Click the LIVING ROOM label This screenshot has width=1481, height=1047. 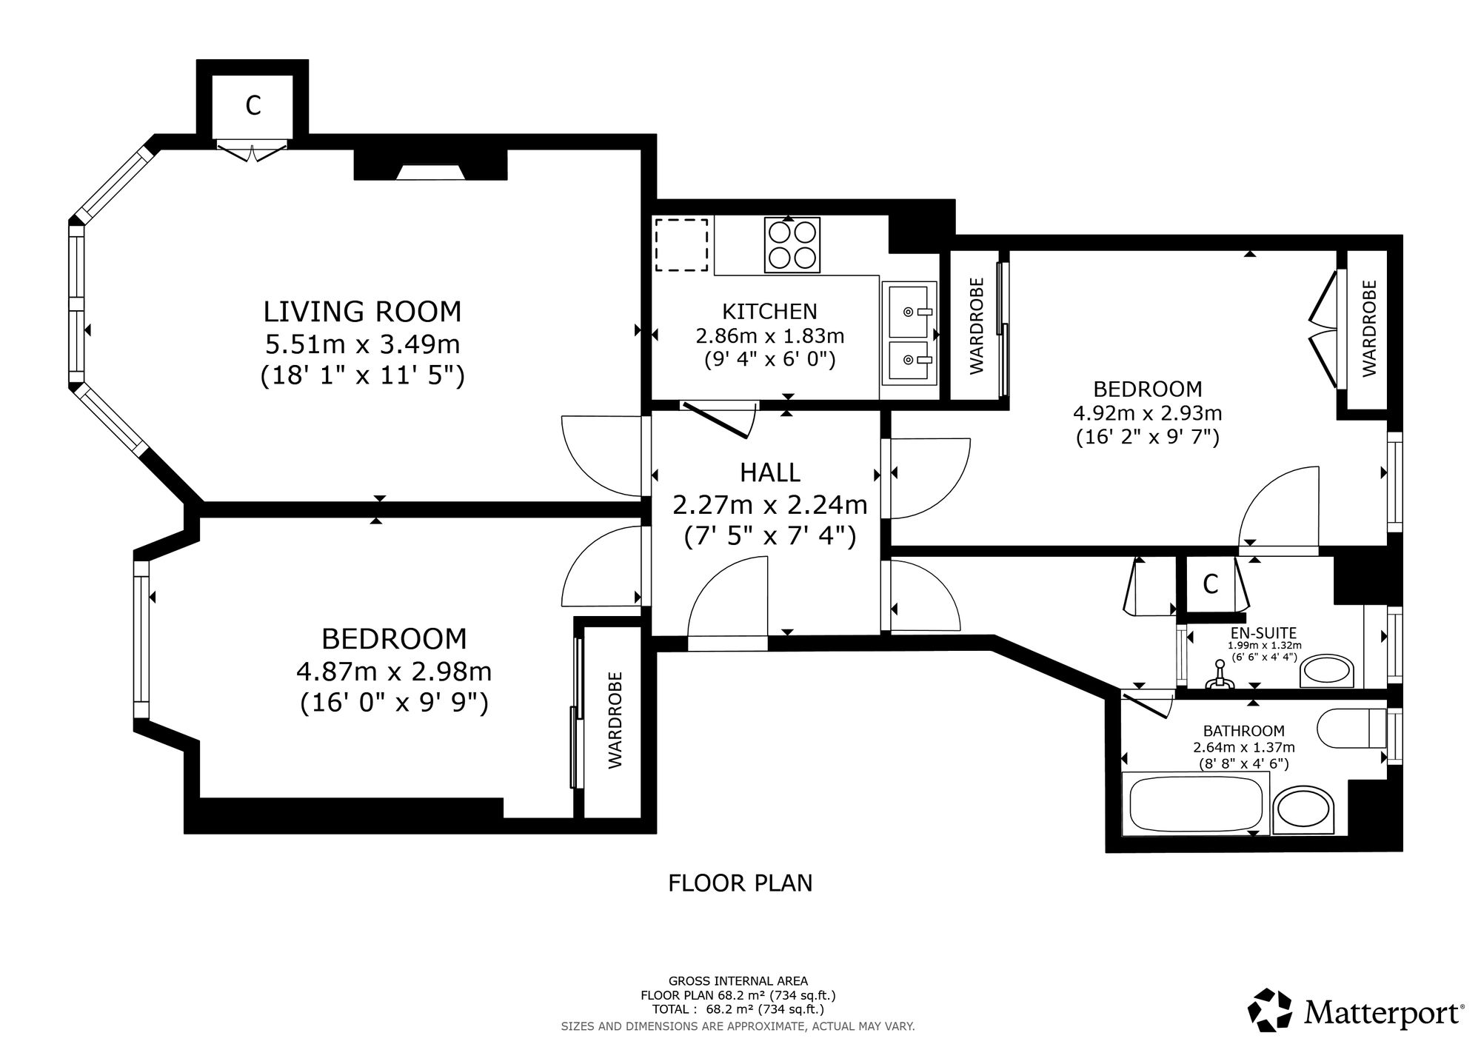[x=362, y=312]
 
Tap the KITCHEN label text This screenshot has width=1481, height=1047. [x=769, y=312]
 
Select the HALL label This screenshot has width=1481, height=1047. [x=770, y=472]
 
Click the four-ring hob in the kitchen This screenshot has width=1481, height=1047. [x=792, y=245]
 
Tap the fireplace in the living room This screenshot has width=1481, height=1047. [x=430, y=164]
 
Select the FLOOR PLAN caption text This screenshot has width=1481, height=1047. [x=740, y=883]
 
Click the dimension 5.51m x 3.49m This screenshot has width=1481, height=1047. [x=363, y=344]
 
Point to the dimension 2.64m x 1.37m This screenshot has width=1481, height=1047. [x=1244, y=748]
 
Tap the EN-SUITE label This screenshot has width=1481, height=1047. [x=1263, y=633]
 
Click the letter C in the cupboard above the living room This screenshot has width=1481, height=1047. [x=253, y=106]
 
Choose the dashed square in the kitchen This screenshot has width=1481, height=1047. [x=681, y=245]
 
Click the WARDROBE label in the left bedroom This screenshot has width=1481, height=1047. [x=615, y=720]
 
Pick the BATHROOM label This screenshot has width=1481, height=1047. [x=1244, y=731]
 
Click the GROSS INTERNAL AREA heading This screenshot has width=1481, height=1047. [x=738, y=981]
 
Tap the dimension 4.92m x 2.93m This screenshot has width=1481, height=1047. [x=1148, y=412]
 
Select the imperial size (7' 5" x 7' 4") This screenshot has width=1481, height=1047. [x=770, y=535]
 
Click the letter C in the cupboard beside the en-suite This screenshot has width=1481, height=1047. [x=1211, y=584]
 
